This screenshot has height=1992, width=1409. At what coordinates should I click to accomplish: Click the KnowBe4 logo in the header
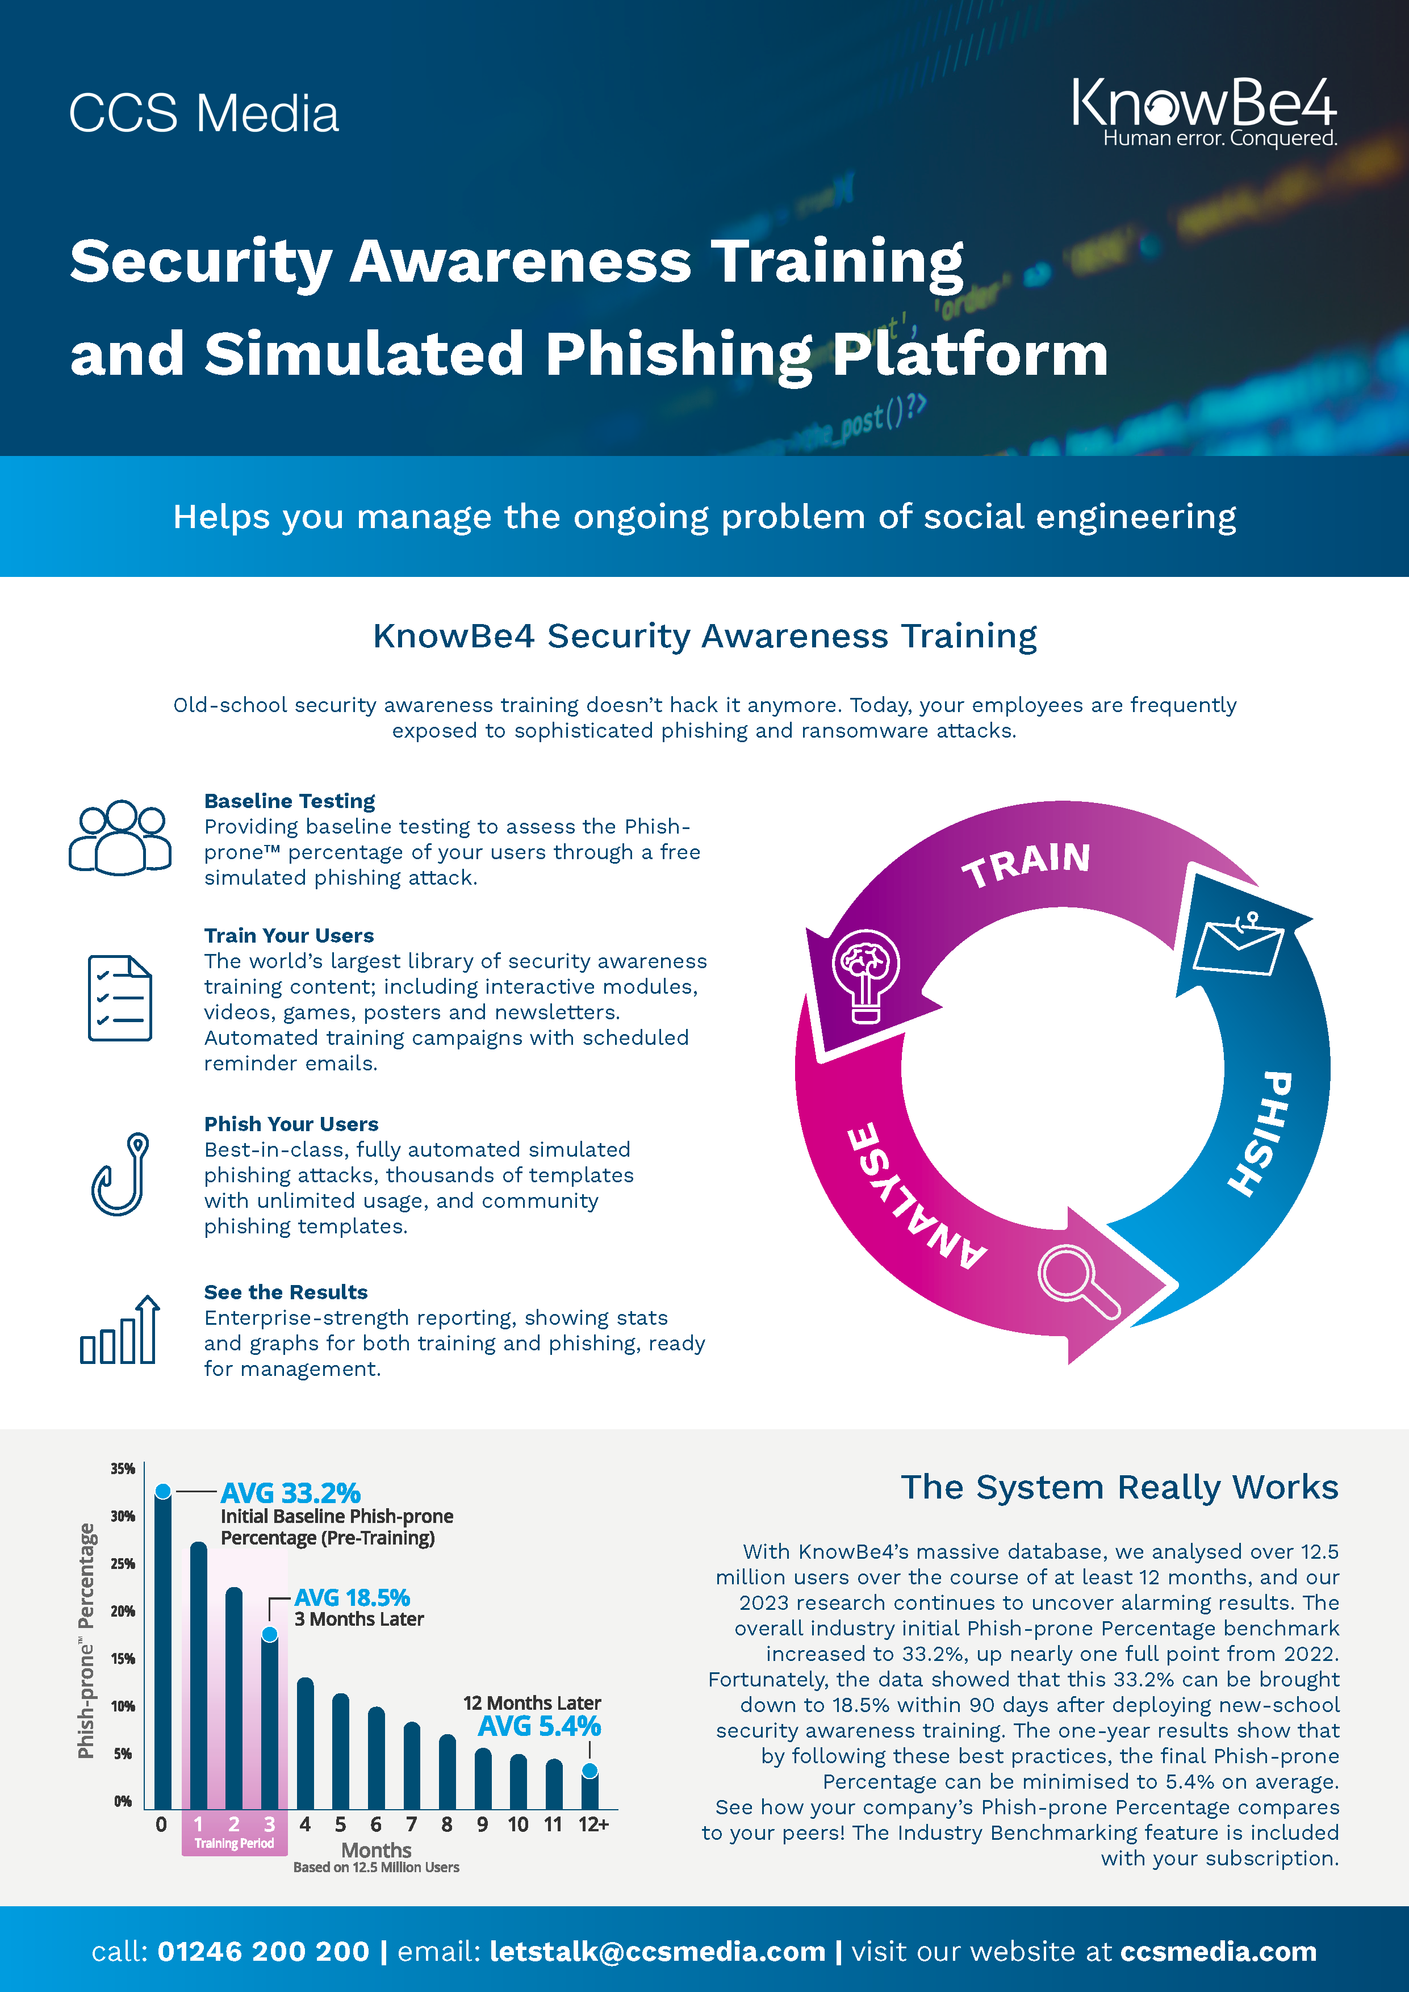click(1204, 111)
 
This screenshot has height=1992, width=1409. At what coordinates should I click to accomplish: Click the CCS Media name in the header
click(204, 114)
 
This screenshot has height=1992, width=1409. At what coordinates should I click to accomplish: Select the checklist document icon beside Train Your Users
click(120, 998)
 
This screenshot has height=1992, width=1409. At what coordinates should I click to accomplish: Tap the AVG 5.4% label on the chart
click(539, 1726)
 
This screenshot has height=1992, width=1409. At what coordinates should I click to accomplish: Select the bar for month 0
click(162, 1648)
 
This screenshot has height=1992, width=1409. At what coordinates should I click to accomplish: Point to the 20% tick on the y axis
click(122, 1611)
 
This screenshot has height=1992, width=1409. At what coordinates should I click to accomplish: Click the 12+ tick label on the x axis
click(593, 1824)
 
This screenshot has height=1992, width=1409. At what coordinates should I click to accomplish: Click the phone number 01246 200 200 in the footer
click(263, 1951)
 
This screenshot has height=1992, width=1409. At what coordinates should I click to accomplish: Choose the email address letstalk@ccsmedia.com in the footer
click(657, 1951)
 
